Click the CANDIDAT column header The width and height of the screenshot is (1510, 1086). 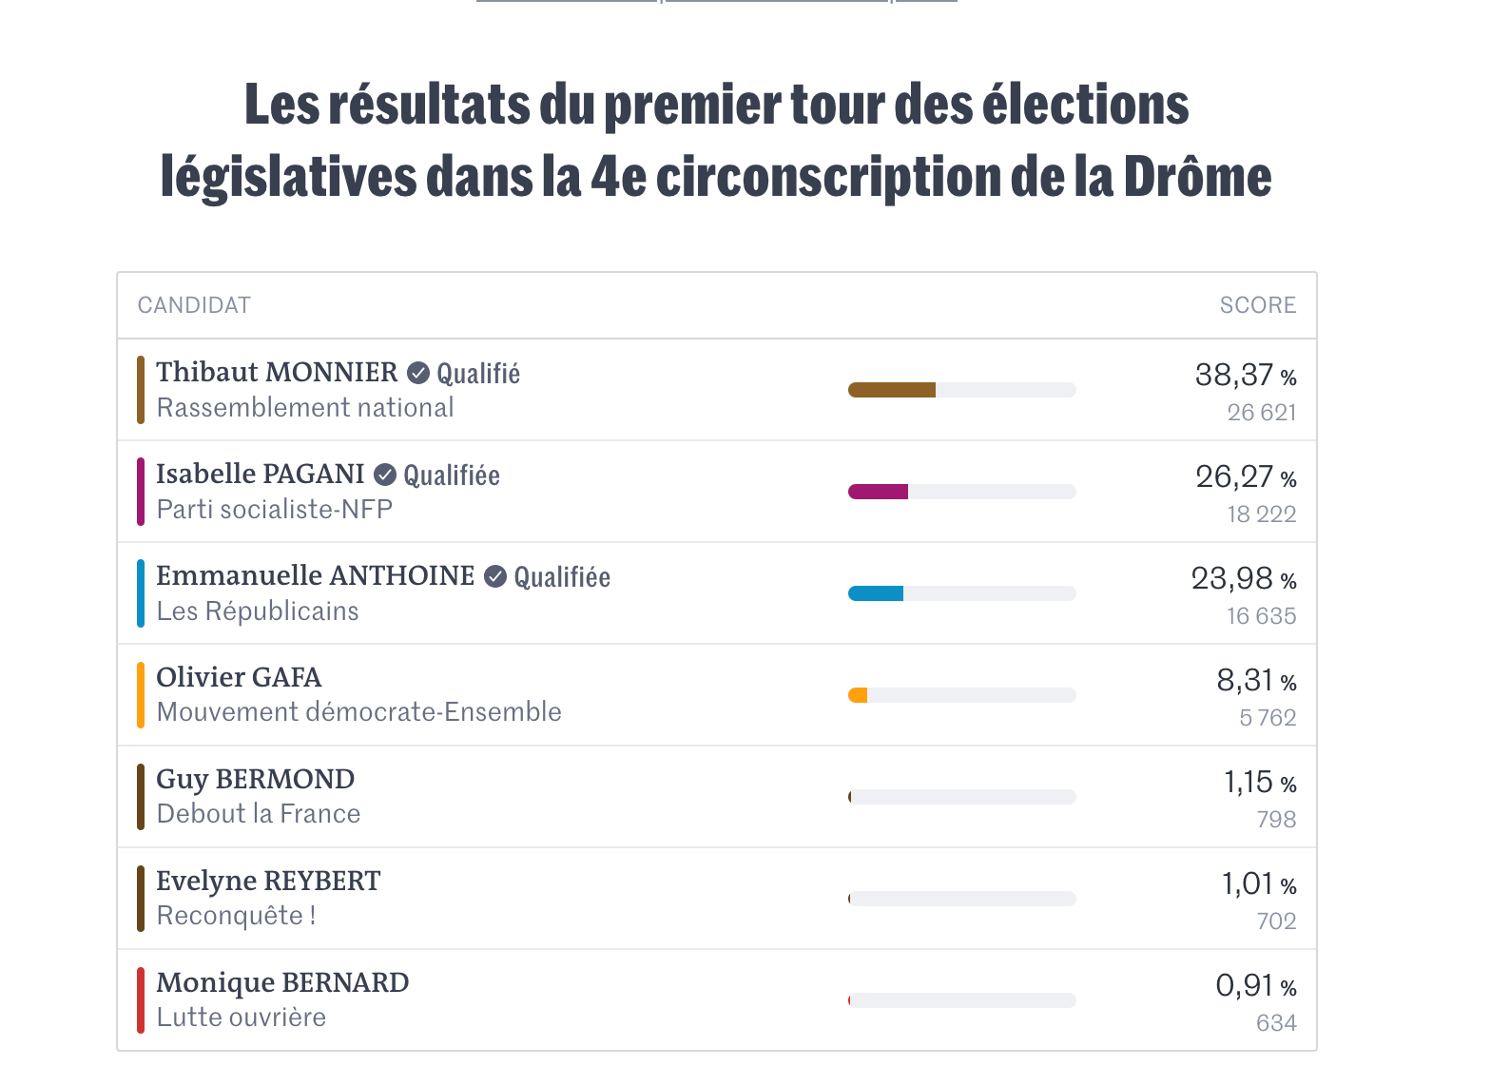click(194, 305)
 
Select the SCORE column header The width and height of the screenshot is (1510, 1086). click(1257, 305)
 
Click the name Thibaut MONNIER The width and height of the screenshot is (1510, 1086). click(277, 372)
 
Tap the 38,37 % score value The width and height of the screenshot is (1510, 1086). click(1245, 376)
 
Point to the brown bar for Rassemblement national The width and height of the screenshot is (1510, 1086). click(892, 390)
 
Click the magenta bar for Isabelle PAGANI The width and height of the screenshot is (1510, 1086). click(878, 492)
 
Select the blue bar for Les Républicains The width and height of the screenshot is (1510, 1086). click(876, 593)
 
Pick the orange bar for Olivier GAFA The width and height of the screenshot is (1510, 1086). click(858, 695)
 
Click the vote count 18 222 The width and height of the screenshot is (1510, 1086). click(1261, 514)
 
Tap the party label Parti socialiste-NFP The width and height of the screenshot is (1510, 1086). click(274, 510)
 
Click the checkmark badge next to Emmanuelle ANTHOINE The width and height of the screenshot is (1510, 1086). click(495, 576)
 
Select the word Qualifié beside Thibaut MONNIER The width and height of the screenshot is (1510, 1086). click(478, 374)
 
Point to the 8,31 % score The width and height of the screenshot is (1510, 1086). click(1255, 681)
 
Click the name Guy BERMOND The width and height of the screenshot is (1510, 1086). click(255, 779)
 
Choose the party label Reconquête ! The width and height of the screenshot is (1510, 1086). click(236, 916)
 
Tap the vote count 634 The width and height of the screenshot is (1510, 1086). click(1275, 1023)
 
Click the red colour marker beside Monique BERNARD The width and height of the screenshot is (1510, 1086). click(141, 1000)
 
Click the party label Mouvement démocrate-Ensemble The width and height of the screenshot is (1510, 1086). click(358, 712)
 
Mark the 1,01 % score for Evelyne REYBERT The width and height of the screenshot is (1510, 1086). click(1258, 884)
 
